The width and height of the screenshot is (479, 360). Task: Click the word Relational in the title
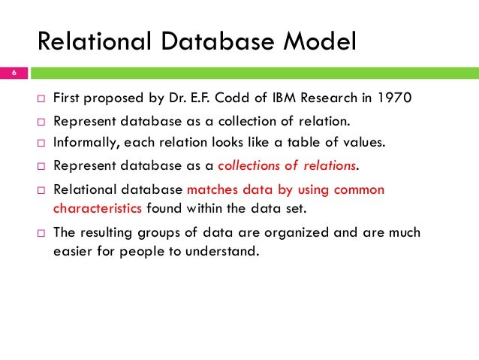point(85,41)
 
